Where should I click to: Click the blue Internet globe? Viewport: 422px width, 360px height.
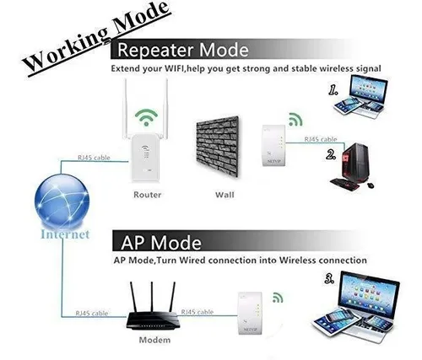[62, 201]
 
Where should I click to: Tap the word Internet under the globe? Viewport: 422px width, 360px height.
[65, 234]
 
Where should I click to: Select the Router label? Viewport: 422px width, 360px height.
[148, 195]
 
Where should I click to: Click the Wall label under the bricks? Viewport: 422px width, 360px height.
[225, 195]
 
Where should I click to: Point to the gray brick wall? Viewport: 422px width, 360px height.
[218, 146]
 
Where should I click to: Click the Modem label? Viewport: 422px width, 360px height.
[154, 340]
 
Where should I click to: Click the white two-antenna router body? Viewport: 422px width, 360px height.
[145, 158]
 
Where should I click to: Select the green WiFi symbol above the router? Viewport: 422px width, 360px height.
[146, 117]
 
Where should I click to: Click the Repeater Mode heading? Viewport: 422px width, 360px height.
[183, 50]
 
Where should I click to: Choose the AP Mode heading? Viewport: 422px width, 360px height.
[161, 242]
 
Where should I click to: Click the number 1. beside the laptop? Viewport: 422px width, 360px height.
[333, 90]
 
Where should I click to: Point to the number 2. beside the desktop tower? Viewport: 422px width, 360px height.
[331, 154]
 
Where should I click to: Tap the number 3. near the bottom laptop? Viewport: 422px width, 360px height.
[329, 279]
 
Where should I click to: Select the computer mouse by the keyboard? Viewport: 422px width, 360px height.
[371, 185]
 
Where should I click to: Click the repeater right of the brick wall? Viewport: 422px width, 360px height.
[274, 145]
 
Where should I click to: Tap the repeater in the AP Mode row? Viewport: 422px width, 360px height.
[251, 313]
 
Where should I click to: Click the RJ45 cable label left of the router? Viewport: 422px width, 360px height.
[94, 158]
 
